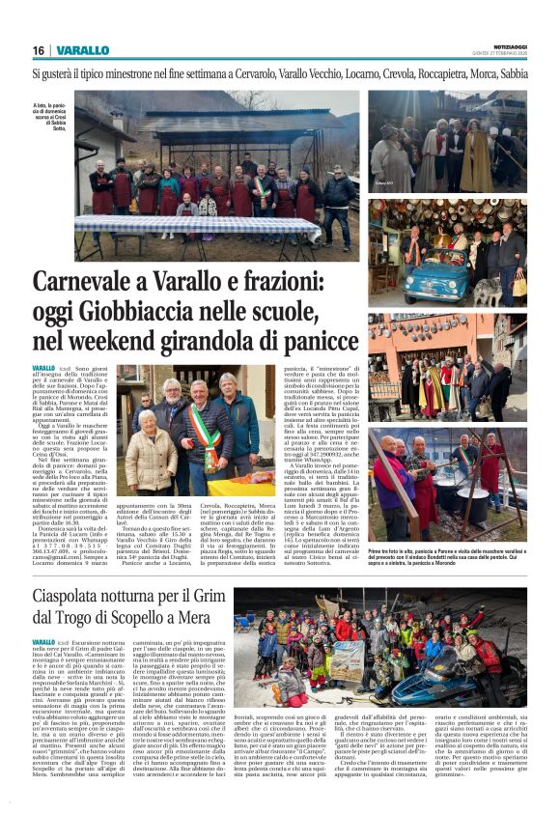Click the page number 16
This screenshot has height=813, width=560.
(x=39, y=50)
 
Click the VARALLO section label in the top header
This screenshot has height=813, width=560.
(x=83, y=50)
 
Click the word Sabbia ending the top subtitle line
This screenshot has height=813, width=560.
(x=510, y=73)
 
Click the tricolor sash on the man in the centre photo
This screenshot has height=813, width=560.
(x=204, y=430)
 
